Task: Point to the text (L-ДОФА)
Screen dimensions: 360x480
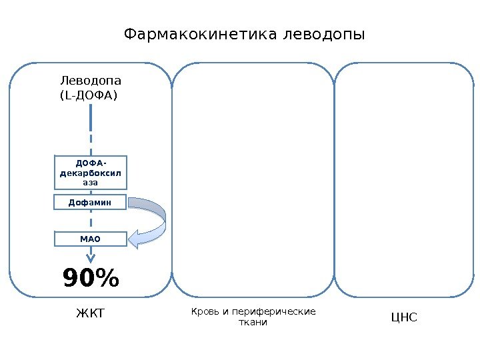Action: (x=88, y=96)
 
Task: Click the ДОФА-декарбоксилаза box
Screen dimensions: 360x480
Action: (x=89, y=173)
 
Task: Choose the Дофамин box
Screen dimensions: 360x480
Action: (x=89, y=201)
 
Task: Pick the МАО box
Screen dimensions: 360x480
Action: (x=89, y=239)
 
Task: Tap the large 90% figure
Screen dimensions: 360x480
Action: (x=91, y=279)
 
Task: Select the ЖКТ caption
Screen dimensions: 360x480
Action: (x=91, y=313)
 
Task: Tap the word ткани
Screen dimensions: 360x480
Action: (x=253, y=323)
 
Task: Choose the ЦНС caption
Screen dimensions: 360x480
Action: (x=404, y=317)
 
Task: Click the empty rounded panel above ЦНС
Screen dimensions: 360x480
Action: (x=403, y=180)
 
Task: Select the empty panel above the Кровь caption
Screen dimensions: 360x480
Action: (x=253, y=180)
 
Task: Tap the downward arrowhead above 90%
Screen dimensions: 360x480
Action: (x=89, y=259)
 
